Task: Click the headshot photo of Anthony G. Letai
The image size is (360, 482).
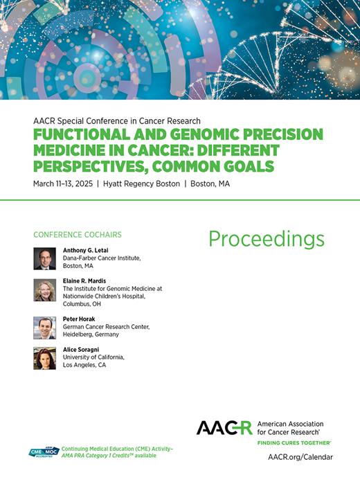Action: pos(44,258)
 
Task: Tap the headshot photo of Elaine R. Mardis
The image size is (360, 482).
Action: pos(44,289)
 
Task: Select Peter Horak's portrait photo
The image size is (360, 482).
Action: pos(44,328)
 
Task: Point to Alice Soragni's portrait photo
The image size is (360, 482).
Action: pos(44,358)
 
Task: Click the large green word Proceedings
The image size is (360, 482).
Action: pos(266,239)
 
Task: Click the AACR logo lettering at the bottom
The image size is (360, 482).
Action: pos(224,428)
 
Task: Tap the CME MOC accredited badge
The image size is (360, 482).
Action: pos(44,452)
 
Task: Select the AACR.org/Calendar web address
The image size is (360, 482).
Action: pos(300,457)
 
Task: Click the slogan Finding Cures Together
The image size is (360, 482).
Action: pos(294,442)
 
